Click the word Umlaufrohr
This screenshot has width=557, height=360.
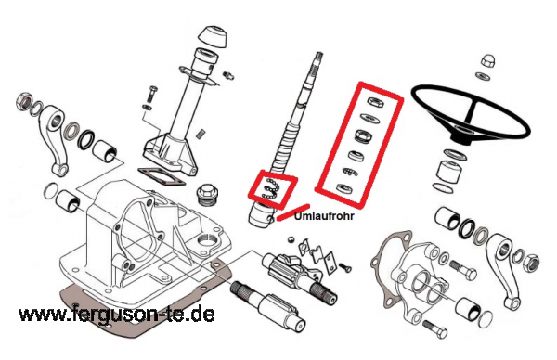(324, 215)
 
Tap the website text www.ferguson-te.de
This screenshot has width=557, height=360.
(117, 314)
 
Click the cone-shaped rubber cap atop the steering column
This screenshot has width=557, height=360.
(212, 36)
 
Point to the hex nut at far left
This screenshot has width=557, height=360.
(24, 100)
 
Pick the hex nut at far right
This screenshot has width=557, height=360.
(531, 263)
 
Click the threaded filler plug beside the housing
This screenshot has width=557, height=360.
(207, 194)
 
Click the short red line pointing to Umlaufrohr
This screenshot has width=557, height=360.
(292, 212)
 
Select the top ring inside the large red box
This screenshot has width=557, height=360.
(376, 101)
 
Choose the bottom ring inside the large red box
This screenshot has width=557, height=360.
(344, 187)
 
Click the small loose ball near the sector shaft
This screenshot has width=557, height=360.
(291, 239)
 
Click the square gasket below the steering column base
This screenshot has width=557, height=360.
(162, 176)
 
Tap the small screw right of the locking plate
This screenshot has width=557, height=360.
(344, 267)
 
